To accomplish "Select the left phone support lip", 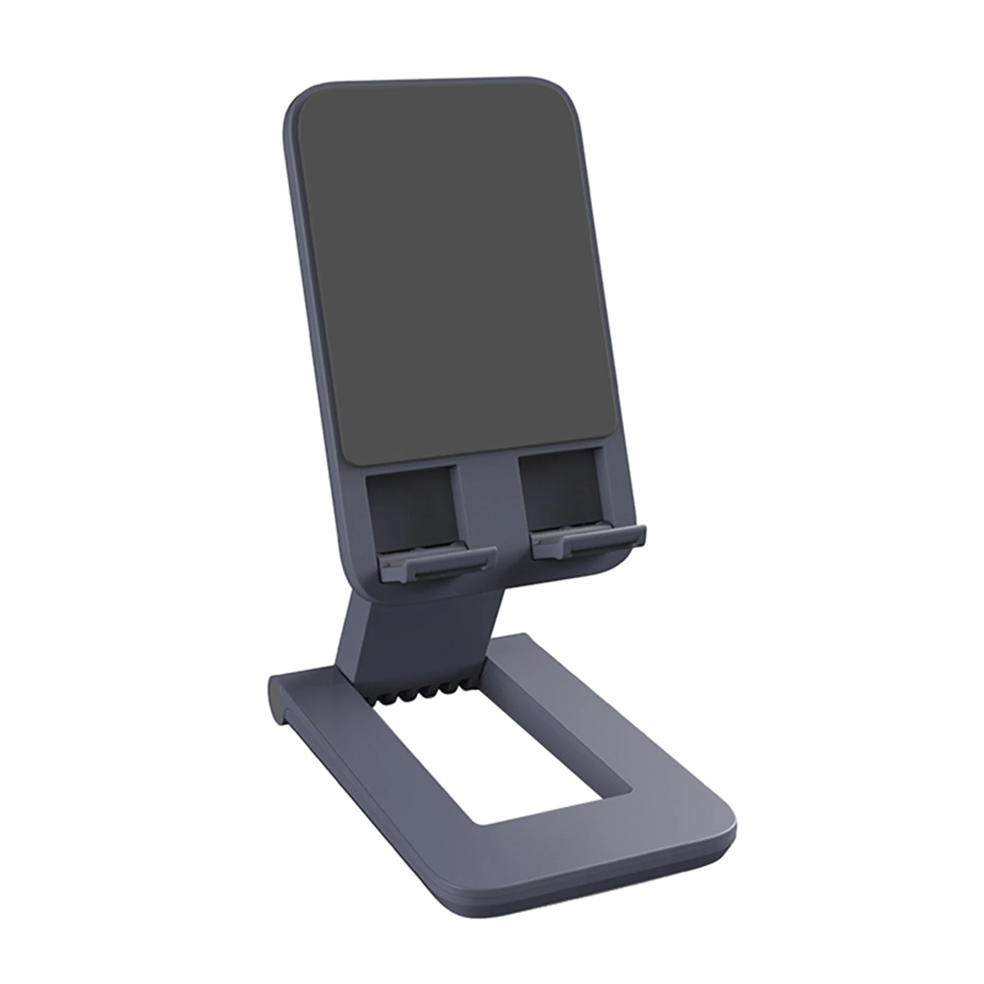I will pyautogui.click(x=438, y=562).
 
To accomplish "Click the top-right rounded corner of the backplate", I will pyautogui.click(x=569, y=92).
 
